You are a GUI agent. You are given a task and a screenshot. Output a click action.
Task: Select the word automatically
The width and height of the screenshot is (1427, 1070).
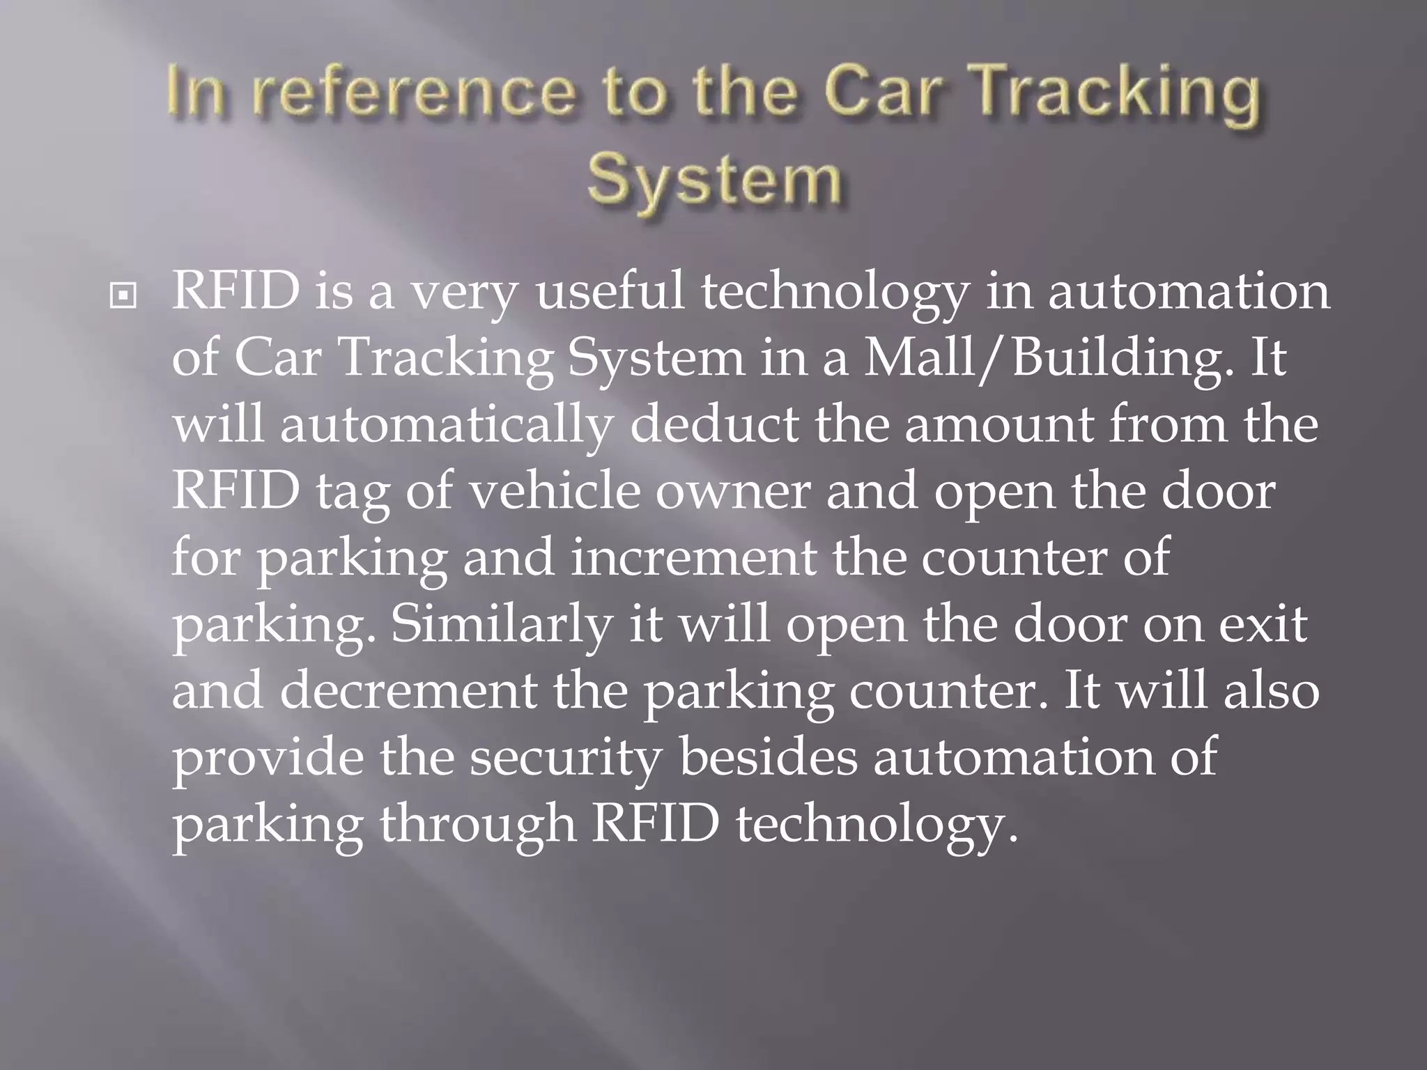[446, 424]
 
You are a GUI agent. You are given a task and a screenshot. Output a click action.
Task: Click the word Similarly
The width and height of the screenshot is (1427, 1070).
[501, 624]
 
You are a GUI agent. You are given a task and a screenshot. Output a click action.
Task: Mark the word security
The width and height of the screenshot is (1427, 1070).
[564, 758]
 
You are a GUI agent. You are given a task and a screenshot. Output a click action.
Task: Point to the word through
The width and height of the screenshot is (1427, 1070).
[477, 824]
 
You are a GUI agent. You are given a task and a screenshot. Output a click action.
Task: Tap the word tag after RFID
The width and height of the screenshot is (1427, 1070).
[353, 491]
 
